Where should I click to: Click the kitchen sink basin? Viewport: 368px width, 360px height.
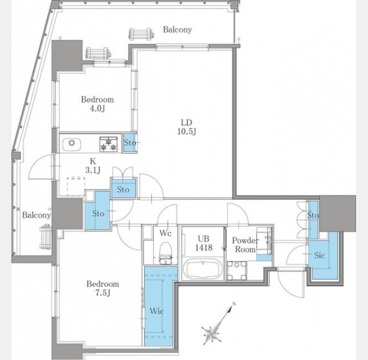(71, 143)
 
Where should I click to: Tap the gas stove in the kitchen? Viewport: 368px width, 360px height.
(109, 144)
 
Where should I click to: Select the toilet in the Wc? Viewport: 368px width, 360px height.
(165, 253)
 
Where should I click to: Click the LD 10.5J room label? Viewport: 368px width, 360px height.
(187, 127)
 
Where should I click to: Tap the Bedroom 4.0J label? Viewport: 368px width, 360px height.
(97, 104)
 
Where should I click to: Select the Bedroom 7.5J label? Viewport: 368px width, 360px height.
(103, 288)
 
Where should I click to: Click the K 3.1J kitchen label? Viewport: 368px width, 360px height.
(93, 166)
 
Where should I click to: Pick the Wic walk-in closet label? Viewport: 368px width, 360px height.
(157, 311)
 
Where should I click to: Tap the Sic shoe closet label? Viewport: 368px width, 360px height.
(319, 255)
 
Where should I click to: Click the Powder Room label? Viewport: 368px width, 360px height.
(246, 245)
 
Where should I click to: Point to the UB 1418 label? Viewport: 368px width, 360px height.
(204, 243)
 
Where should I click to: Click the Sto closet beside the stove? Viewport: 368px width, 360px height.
(130, 143)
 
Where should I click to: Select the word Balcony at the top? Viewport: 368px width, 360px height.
(178, 29)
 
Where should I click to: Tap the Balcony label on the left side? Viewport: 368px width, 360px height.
(37, 215)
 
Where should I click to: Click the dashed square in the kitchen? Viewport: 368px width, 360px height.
(76, 187)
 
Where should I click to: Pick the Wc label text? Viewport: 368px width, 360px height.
(166, 233)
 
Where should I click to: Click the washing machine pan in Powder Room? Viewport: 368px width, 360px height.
(237, 271)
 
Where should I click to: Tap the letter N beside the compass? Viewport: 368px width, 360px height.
(234, 304)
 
